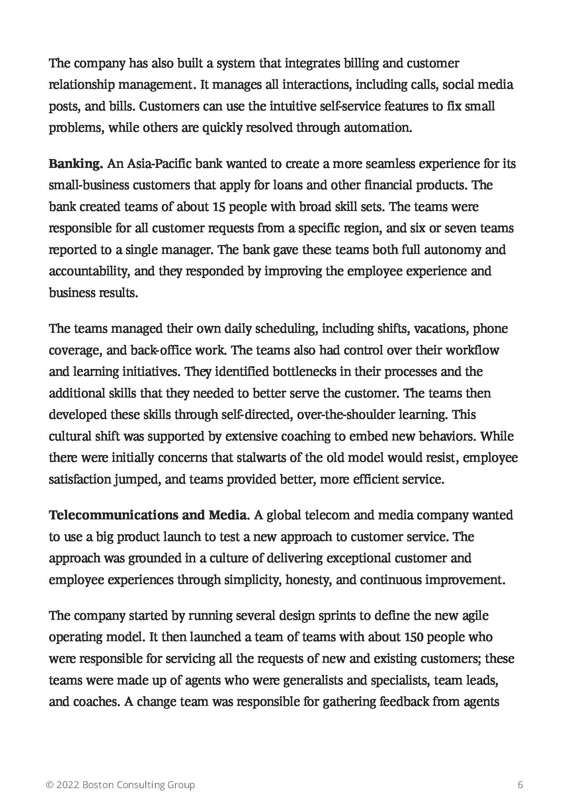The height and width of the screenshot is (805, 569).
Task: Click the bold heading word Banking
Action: click(75, 164)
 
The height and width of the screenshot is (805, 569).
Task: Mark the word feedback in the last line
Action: click(400, 701)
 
